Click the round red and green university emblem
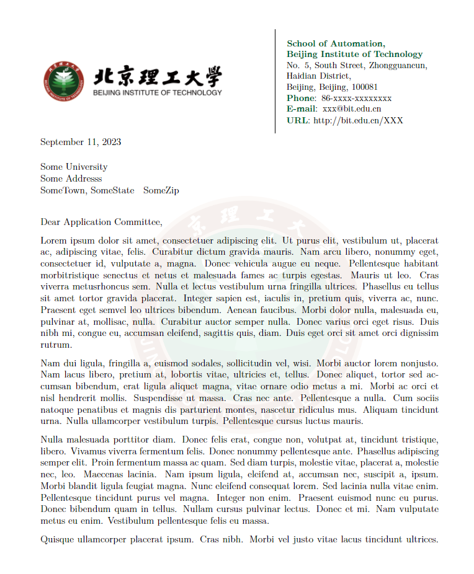[64, 82]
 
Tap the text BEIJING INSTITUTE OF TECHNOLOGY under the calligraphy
[157, 93]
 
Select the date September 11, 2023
[81, 142]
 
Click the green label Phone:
[302, 98]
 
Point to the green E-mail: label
[302, 109]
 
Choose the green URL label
[297, 120]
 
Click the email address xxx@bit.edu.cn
[352, 109]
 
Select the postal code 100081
[364, 87]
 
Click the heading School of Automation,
[336, 43]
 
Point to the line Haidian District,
[318, 76]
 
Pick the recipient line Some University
[74, 167]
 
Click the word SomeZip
[161, 190]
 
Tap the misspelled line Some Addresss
[71, 179]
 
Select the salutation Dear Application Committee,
[101, 222]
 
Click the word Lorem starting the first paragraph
[53, 241]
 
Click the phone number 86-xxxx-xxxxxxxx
[356, 98]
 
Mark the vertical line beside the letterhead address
[275, 81]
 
